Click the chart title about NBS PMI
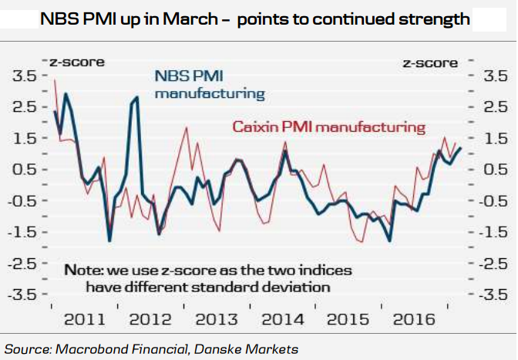[x=257, y=19]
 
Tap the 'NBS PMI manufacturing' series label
[x=210, y=85]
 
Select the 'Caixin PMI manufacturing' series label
[x=330, y=125]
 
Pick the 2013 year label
[x=216, y=319]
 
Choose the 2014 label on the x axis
[x=282, y=319]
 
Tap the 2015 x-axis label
[x=348, y=319]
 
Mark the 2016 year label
[x=415, y=319]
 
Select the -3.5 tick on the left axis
[x=22, y=294]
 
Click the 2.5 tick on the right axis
[x=493, y=107]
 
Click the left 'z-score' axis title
[x=77, y=61]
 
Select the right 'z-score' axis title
[x=429, y=61]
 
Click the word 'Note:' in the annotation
[x=89, y=271]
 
